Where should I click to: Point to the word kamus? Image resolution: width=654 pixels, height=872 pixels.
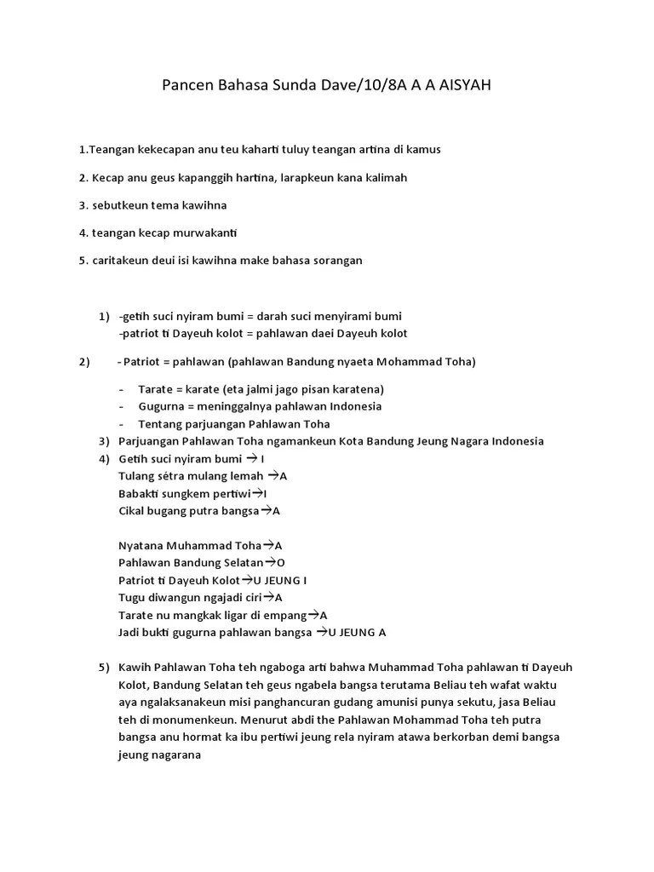[x=423, y=149]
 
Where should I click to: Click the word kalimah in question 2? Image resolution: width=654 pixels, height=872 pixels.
[x=387, y=177]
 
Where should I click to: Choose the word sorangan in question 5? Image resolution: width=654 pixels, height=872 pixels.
[x=336, y=260]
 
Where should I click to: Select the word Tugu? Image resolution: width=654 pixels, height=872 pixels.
[x=132, y=598]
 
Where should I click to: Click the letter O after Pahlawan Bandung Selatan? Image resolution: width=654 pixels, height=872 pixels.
[x=281, y=562]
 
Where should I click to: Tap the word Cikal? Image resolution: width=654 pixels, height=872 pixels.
[x=132, y=511]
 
